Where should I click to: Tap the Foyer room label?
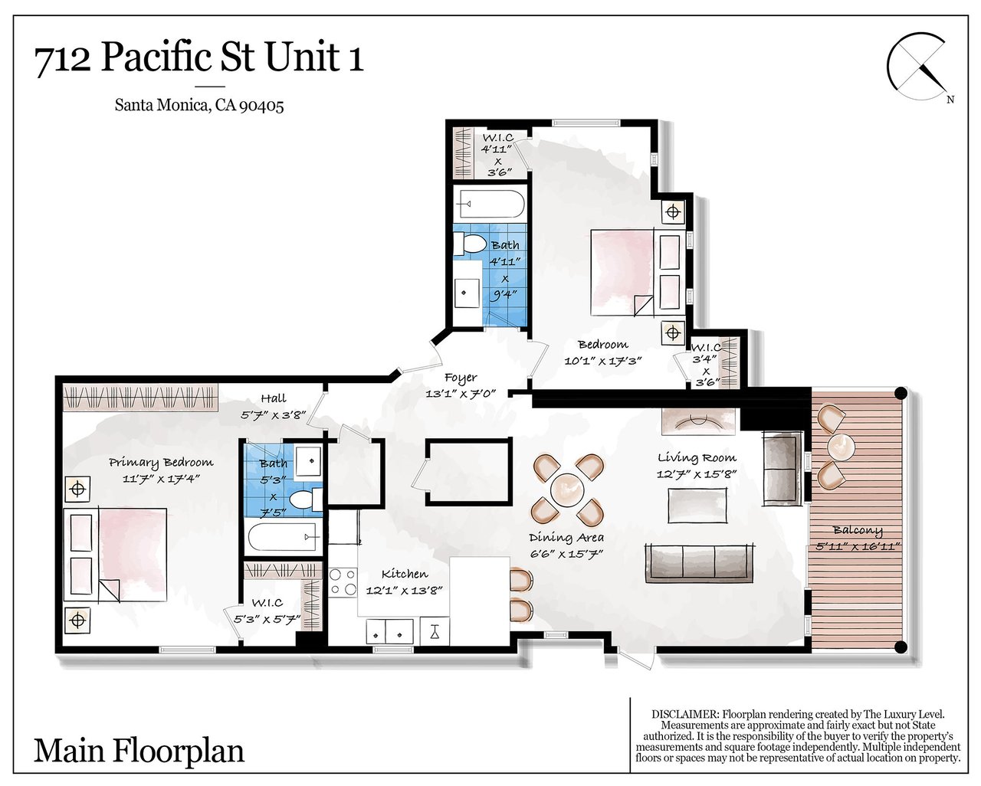461,378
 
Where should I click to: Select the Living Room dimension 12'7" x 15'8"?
697,474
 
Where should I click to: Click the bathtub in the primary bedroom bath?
283,537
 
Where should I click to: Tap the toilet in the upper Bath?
470,244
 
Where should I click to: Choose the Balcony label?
858,530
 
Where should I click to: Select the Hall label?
274,398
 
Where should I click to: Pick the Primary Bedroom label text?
161,463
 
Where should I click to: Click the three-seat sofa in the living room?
700,563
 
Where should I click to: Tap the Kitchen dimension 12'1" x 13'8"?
405,591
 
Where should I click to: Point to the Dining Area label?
566,538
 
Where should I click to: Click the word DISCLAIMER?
684,715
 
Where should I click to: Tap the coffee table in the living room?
697,506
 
